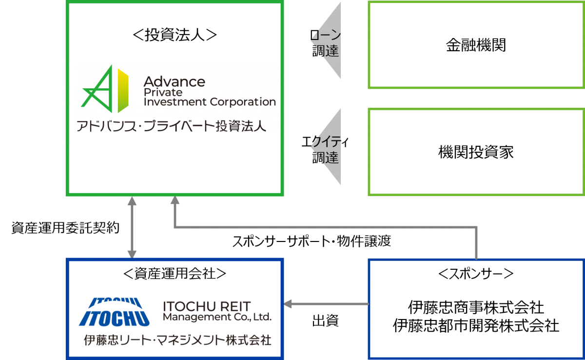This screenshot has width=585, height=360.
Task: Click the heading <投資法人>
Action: pos(175,35)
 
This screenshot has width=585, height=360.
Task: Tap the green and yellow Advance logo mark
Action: pos(105,89)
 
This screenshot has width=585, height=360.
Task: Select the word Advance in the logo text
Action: pos(174,82)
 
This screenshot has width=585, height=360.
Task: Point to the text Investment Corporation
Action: pos(210,102)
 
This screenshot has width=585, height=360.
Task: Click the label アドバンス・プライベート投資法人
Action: pos(171,126)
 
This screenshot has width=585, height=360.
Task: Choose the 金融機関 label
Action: pos(476,45)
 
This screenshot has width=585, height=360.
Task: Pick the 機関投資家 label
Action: pos(476,152)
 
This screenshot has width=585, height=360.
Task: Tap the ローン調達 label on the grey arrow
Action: pos(326,43)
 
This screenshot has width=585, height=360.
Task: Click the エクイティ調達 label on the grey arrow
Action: pos(325,150)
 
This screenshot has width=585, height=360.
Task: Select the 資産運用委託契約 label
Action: pos(65,227)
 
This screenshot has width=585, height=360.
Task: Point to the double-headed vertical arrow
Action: pos(132,227)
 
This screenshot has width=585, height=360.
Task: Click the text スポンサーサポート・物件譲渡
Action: pos(312,241)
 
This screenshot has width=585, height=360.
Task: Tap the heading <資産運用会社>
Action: pos(175,274)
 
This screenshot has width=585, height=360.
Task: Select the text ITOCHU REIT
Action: pos(207,306)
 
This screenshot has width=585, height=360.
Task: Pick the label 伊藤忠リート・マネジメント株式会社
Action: pos(177,340)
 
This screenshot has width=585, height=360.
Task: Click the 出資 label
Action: pos(326,320)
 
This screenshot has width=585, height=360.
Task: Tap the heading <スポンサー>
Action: pos(476,274)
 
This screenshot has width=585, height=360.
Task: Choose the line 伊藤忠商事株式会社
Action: pos(476,307)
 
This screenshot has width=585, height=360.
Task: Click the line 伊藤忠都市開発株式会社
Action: pos(476,325)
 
